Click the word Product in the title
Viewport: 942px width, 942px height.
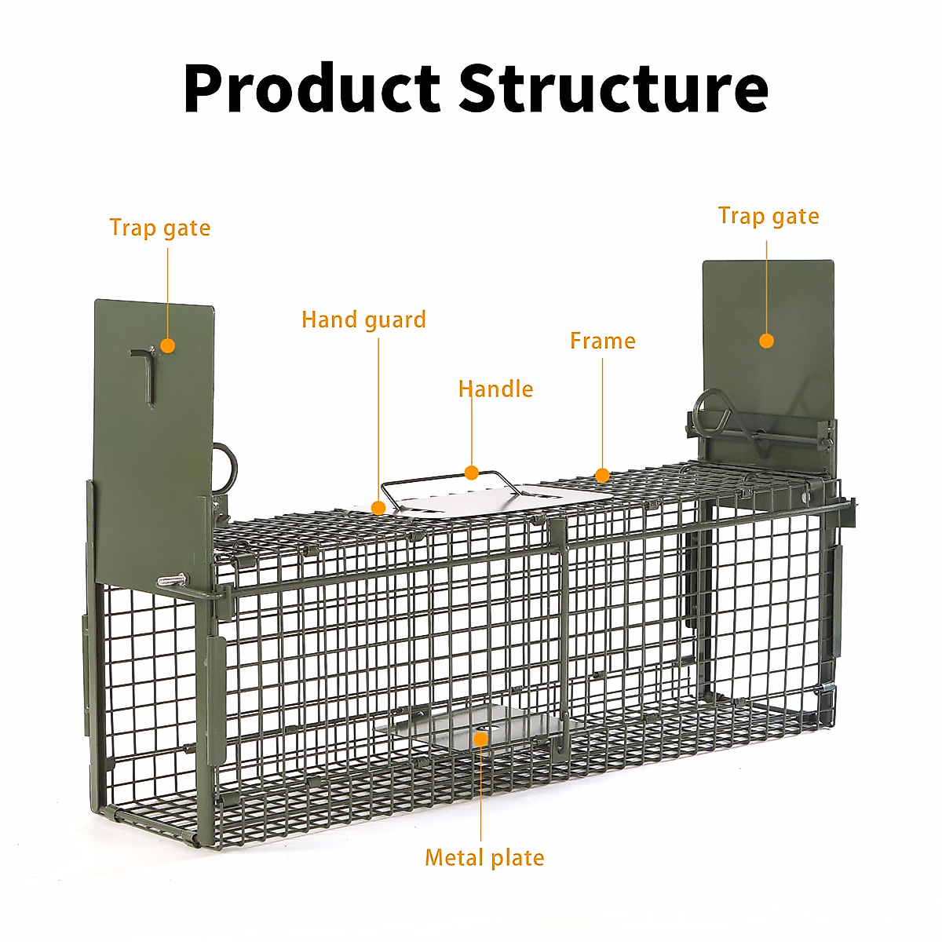click(x=312, y=88)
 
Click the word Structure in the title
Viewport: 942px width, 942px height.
click(x=613, y=88)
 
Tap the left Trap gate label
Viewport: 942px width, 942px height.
click(x=160, y=228)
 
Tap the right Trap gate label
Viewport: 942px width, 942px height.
click(x=769, y=217)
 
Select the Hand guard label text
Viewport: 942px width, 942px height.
click(x=363, y=320)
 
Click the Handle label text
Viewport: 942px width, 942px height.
click(x=495, y=389)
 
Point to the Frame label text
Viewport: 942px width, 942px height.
click(x=602, y=341)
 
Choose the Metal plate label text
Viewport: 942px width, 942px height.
click(x=484, y=858)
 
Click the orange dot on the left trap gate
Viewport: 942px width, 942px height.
click(x=167, y=345)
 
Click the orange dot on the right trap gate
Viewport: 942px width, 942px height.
click(x=767, y=341)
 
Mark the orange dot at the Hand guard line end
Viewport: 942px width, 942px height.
click(x=378, y=508)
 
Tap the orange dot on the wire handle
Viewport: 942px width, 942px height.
click(x=471, y=473)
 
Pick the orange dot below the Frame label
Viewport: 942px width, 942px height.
click(x=602, y=475)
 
